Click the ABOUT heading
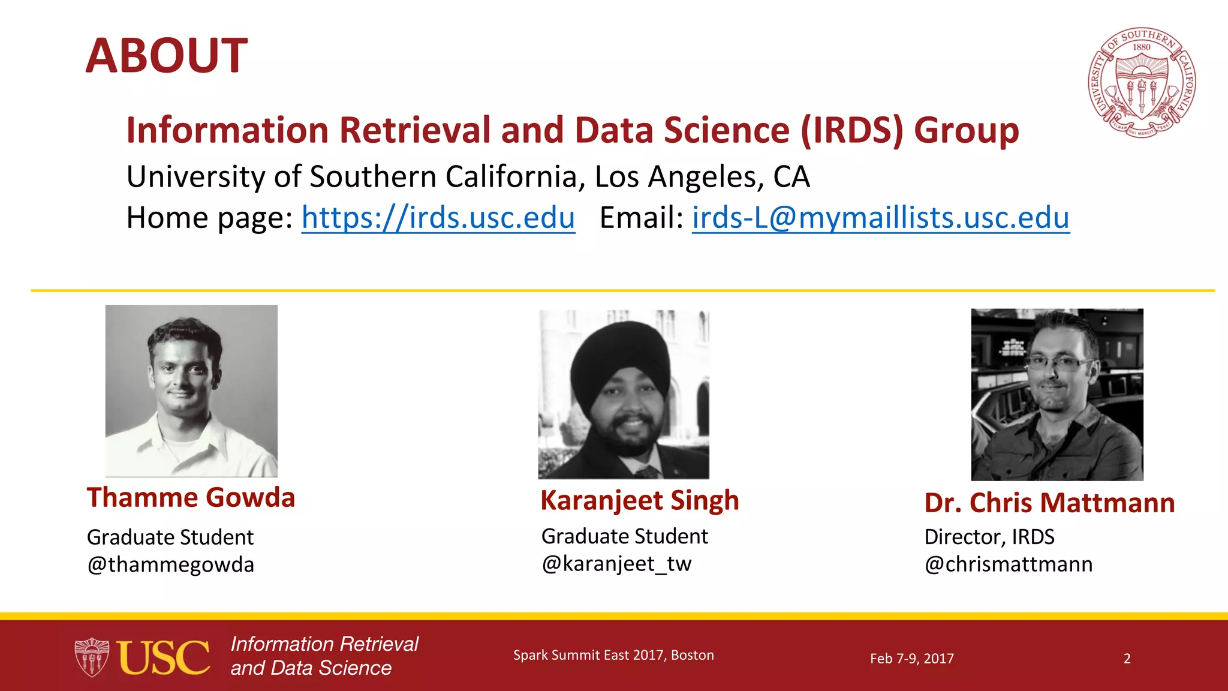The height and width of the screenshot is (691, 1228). coord(166,56)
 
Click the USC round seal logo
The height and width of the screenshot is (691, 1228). coord(1142,83)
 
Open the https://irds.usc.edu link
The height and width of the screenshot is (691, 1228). coord(438,217)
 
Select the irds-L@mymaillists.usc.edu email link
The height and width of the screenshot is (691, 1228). coord(880,217)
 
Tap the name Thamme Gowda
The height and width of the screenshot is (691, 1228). coord(191,498)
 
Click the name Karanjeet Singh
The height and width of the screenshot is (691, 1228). coord(639,501)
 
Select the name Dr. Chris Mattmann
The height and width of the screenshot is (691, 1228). coord(1049,503)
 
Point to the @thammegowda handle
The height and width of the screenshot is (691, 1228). coord(171,564)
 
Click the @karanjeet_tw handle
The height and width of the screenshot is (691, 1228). coord(616,563)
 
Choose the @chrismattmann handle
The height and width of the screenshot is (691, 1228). coord(1009,564)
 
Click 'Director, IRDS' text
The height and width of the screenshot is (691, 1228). coord(989,537)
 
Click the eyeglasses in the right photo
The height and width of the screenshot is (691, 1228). coord(1058,362)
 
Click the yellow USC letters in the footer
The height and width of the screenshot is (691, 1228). coord(163,657)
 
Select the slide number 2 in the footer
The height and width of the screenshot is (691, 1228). coord(1127,659)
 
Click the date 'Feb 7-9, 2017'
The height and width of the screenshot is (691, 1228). coord(911,659)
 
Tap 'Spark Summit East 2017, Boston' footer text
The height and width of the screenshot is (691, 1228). coord(613,655)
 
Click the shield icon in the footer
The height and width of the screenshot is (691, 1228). coord(92,657)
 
